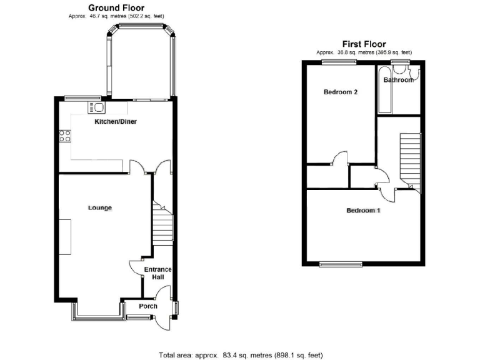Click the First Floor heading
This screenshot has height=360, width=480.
pyautogui.click(x=363, y=44)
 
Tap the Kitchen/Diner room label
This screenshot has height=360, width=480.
pyautogui.click(x=116, y=122)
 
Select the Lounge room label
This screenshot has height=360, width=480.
pyautogui.click(x=99, y=207)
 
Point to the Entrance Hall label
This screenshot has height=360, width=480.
pyautogui.click(x=157, y=274)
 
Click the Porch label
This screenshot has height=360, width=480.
pyautogui.click(x=148, y=306)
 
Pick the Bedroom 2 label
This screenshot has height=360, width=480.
pyautogui.click(x=341, y=92)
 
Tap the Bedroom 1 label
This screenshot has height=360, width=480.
pyautogui.click(x=364, y=211)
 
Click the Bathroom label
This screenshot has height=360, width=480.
pyautogui.click(x=398, y=80)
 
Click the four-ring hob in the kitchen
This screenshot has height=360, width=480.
pyautogui.click(x=65, y=136)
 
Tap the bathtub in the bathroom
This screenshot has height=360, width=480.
pyautogui.click(x=384, y=91)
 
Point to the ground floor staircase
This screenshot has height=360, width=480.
pyautogui.click(x=162, y=225)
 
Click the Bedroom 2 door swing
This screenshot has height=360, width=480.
pyautogui.click(x=341, y=157)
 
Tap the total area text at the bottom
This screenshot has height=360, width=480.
pyautogui.click(x=241, y=355)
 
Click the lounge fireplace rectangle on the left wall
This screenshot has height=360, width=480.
pyautogui.click(x=65, y=237)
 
